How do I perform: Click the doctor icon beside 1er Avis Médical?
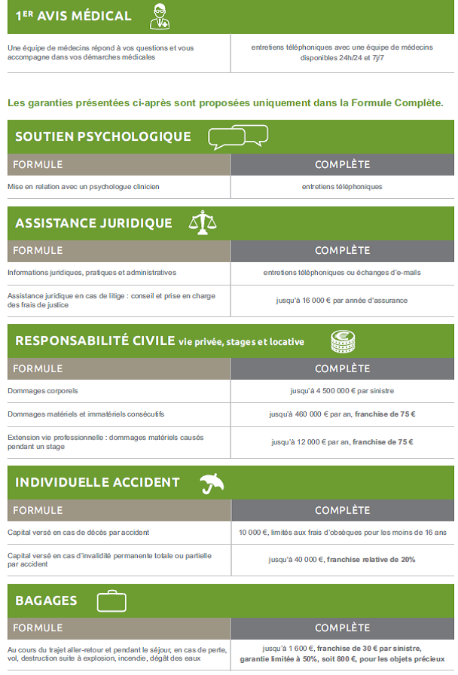coord(159,16)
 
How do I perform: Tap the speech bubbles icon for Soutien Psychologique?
coord(237,136)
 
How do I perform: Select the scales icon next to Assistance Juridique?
coord(201,223)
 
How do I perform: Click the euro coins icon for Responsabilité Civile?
coord(342,341)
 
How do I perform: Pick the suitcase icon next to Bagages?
coord(111,600)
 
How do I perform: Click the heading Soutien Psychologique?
coord(103,136)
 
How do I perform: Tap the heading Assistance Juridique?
coord(93,223)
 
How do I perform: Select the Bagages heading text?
coord(46,600)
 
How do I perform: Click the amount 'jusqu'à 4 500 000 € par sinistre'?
coord(342,391)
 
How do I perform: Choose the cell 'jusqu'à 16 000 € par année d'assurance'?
coord(342,300)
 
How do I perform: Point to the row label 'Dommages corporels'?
coord(43,391)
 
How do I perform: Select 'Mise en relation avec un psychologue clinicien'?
coord(84,186)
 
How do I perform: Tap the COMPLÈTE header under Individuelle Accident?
coord(342,510)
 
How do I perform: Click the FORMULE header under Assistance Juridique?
coord(38,250)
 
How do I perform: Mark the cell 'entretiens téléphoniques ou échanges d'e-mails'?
coord(342,273)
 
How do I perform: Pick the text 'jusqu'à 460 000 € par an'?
coord(310,414)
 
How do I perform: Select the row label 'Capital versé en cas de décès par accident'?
coord(78,533)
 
